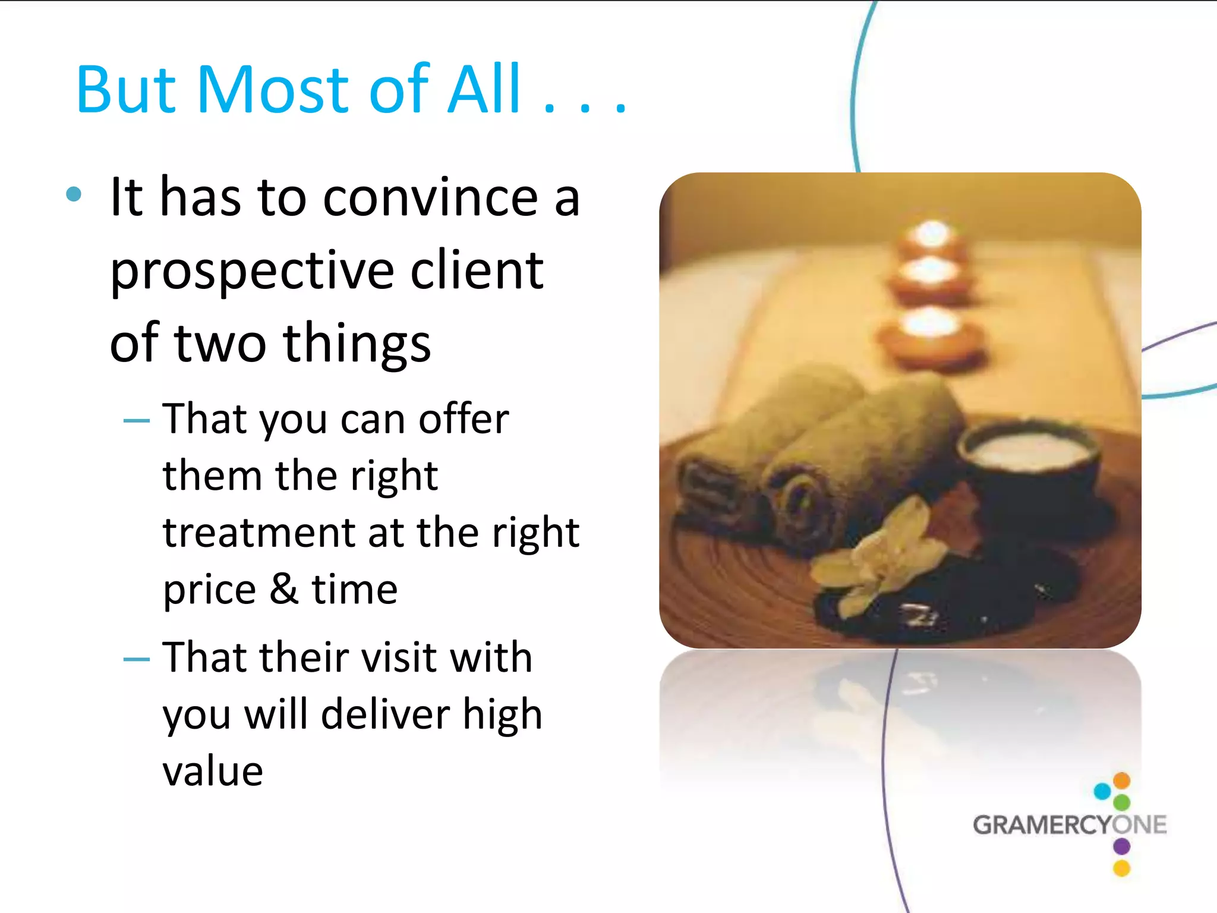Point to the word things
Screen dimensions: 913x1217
point(357,344)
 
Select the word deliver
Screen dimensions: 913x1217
point(384,714)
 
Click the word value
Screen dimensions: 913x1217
point(213,771)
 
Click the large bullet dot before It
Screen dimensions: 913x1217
point(73,194)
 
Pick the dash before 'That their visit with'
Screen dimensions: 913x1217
point(136,659)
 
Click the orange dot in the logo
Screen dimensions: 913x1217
point(1121,779)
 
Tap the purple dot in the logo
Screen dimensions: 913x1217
point(1121,845)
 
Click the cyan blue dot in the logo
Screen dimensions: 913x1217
point(1102,791)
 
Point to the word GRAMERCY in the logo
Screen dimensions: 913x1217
point(1042,825)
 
